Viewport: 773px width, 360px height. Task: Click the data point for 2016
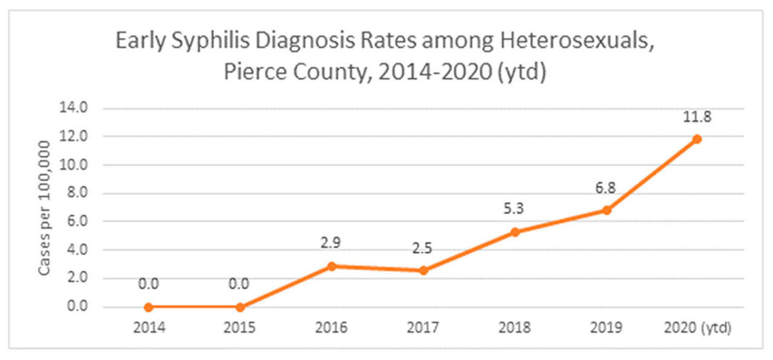point(332,266)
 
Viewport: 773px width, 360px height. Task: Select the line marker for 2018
point(515,232)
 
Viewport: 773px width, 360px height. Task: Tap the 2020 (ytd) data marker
point(697,138)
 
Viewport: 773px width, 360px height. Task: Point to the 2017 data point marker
point(423,271)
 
